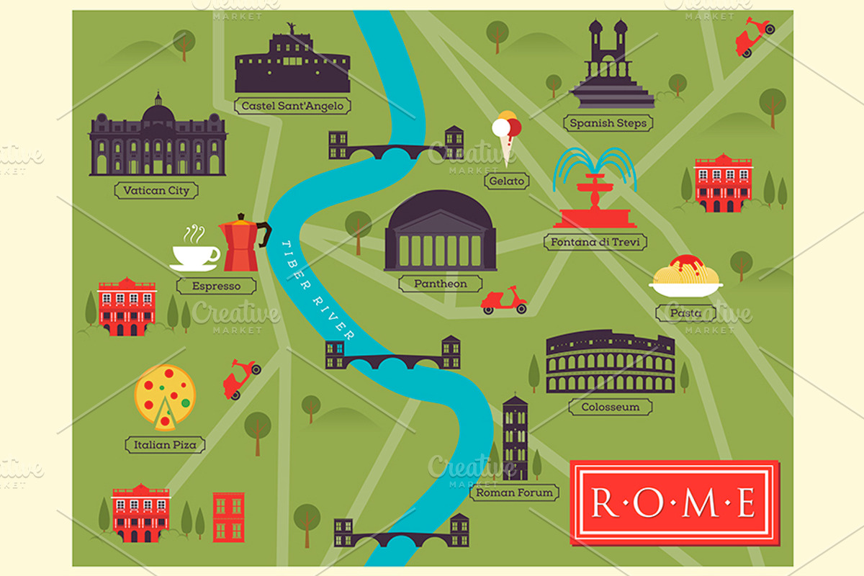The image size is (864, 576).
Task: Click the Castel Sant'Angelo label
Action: pos(292,106)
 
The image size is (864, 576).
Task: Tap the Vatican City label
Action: pos(156,191)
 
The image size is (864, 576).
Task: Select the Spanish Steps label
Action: pos(608,123)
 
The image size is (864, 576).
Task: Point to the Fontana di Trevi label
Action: pos(595,242)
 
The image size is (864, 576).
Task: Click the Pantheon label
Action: pos(440,284)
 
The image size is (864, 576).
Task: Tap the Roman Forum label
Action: pos(514,492)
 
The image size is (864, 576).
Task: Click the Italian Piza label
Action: pos(165,444)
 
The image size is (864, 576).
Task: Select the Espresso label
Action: pos(216,286)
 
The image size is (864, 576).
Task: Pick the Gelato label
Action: pos(506,181)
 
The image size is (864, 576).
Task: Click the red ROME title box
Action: pos(674,502)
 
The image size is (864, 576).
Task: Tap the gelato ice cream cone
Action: pos(506,137)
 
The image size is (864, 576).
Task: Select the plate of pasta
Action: pos(685,277)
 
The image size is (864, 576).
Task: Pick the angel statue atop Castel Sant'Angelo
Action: pos(292,28)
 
